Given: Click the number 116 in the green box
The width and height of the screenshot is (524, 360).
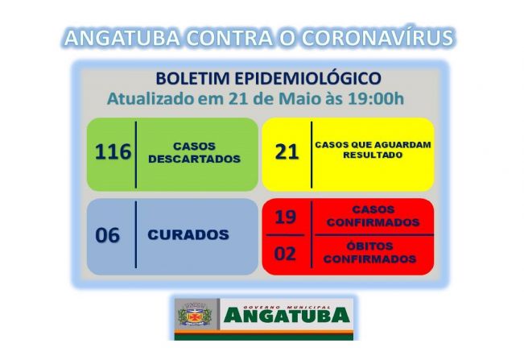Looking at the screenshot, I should click(113, 151).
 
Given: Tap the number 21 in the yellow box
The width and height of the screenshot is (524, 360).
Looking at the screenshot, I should click(287, 152).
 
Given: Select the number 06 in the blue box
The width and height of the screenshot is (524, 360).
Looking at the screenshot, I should click(107, 236).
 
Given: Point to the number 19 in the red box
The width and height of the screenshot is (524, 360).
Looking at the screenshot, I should click(286, 216).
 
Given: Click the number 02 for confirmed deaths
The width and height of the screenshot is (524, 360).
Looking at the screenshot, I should click(286, 254).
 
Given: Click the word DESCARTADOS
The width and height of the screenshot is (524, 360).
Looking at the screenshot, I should click(194, 159).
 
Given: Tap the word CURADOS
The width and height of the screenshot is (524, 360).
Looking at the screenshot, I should click(188, 235).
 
